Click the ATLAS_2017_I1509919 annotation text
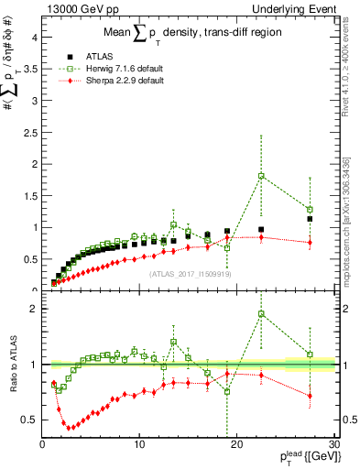[x=188, y=273]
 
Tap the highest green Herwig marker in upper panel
[x=261, y=176]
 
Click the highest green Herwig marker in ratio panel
[x=261, y=314]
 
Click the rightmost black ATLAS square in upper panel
[x=310, y=219]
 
